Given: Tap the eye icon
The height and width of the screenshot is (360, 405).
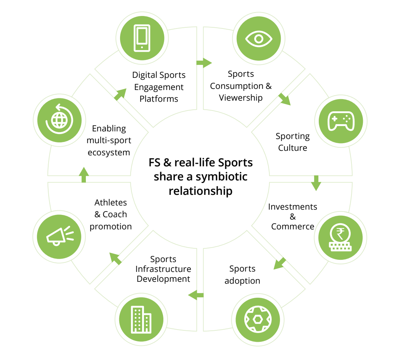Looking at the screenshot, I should click(259, 38).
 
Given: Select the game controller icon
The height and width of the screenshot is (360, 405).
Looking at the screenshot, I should click(341, 121).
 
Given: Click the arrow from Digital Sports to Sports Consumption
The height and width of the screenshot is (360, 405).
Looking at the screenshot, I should click(204, 62).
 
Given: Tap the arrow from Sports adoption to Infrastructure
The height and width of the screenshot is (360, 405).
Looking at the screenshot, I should click(196, 294).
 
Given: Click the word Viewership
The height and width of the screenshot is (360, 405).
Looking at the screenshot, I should click(240, 98).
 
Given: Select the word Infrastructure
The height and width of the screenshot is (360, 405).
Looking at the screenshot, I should click(163, 269).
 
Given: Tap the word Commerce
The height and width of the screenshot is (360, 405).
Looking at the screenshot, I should click(293, 226).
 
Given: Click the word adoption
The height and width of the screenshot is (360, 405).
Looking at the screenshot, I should click(242, 281).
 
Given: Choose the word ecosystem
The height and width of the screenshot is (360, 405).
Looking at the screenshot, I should click(109, 152).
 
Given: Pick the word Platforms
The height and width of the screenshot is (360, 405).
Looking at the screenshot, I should click(159, 99).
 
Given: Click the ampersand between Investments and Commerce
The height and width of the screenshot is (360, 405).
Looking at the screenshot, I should click(293, 216).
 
